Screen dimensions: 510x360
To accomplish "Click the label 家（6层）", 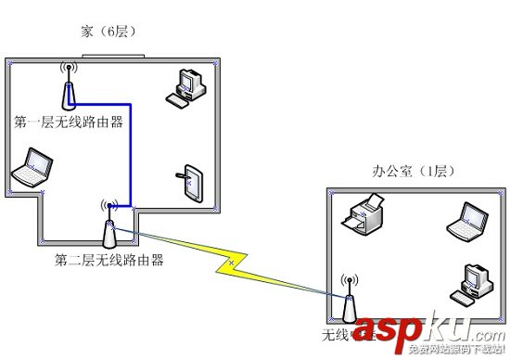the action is click(109, 32).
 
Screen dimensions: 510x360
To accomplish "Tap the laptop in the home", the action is click(31, 170).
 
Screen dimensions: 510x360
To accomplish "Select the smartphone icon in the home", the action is click(192, 182).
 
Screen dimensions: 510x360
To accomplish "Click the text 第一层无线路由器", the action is click(70, 122).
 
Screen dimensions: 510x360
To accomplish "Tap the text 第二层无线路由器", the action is click(109, 260).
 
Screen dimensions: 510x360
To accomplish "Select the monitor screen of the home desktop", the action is click(188, 83).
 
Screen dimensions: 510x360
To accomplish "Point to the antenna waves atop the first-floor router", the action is click(67, 69).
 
